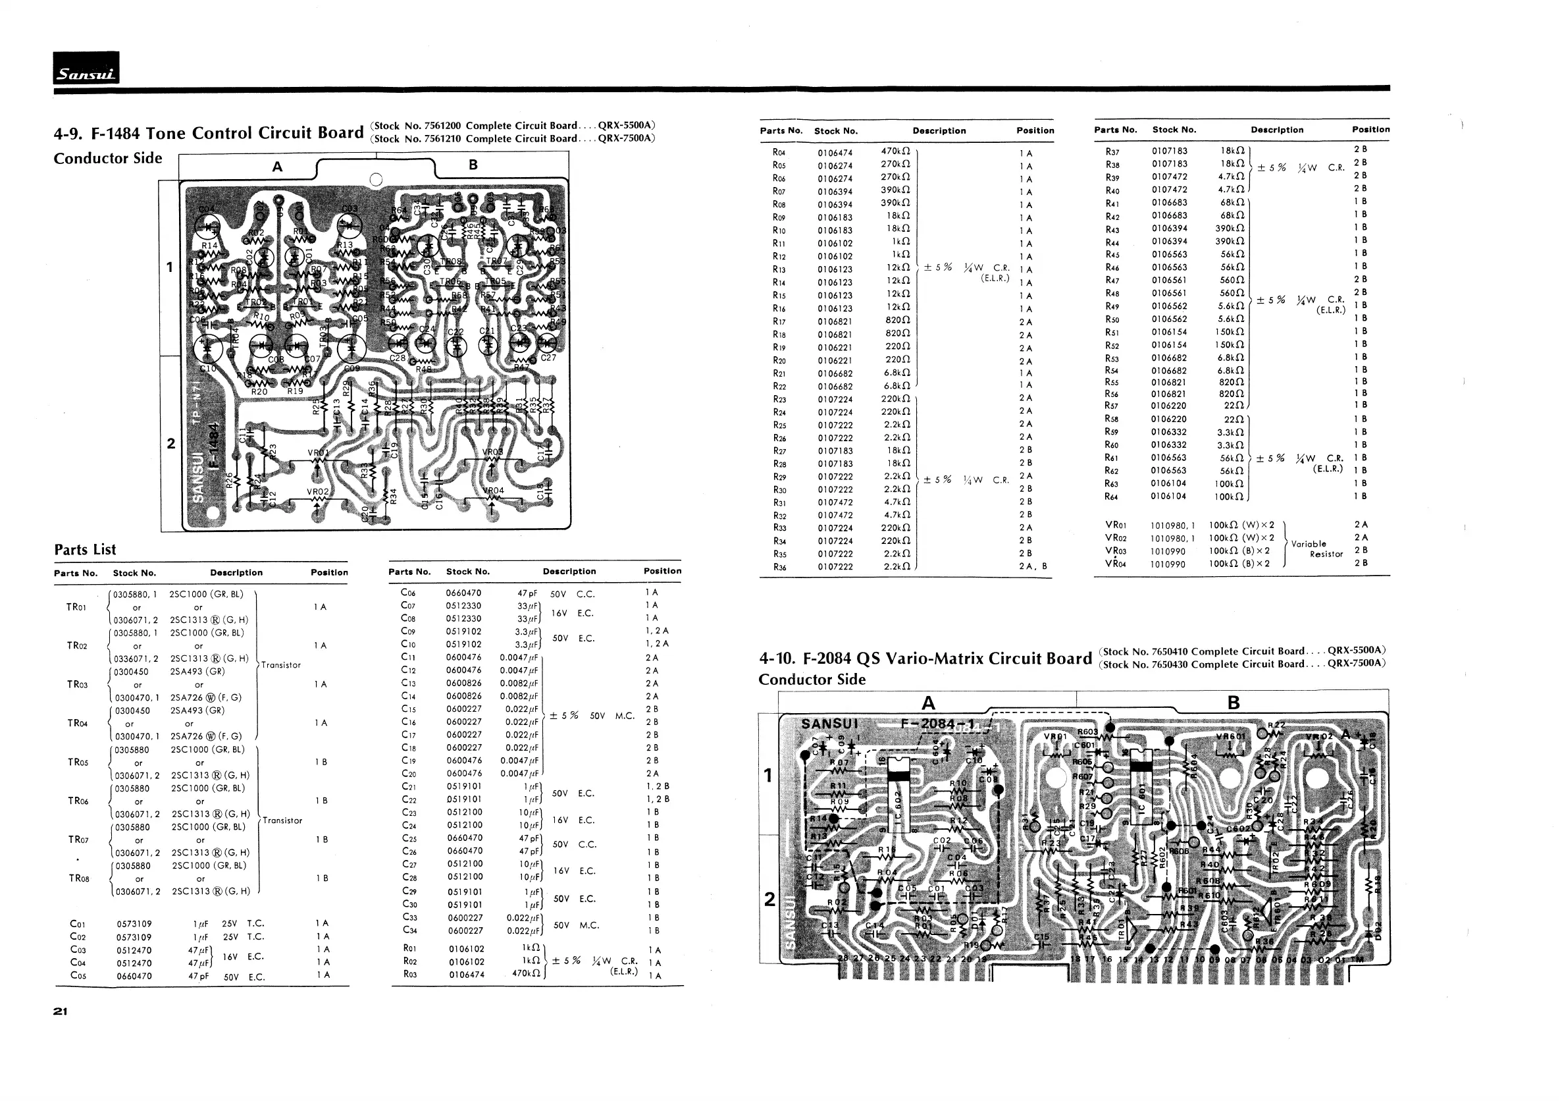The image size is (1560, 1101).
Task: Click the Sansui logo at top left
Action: pyautogui.click(x=86, y=68)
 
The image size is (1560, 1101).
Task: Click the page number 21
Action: pyautogui.click(x=61, y=1011)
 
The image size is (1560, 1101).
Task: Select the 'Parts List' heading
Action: pyautogui.click(x=85, y=549)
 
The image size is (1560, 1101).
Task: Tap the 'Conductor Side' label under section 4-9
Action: pyautogui.click(x=107, y=158)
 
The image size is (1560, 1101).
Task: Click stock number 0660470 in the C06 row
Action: pyautogui.click(x=463, y=593)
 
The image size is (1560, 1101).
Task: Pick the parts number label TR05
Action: pyautogui.click(x=78, y=762)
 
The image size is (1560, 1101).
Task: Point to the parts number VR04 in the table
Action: pyautogui.click(x=1116, y=564)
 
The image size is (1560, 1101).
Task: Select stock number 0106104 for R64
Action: pyautogui.click(x=1168, y=496)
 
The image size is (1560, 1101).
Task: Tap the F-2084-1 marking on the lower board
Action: pyautogui.click(x=937, y=723)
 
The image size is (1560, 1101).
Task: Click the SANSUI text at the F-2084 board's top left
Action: pyautogui.click(x=829, y=723)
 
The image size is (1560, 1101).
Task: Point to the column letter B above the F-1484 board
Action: pyautogui.click(x=473, y=165)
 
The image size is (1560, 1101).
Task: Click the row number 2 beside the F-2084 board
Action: pyautogui.click(x=769, y=899)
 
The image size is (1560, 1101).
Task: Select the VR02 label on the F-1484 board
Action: pyautogui.click(x=317, y=491)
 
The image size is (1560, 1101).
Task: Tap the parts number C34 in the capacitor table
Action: pyautogui.click(x=408, y=930)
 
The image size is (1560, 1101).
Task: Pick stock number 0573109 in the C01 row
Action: pyautogui.click(x=134, y=924)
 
